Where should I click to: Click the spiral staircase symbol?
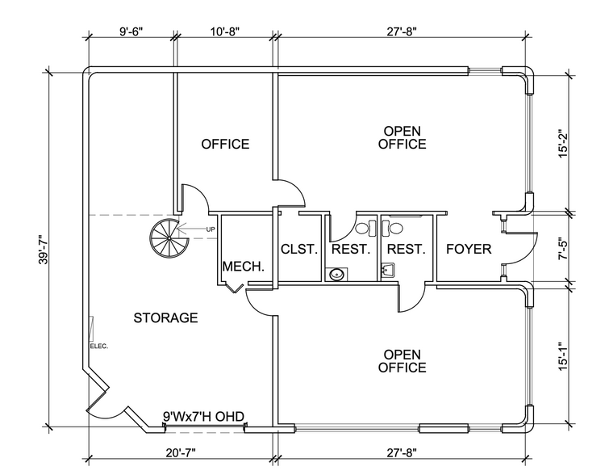pyautogui.click(x=167, y=237)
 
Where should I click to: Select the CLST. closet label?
pyautogui.click(x=298, y=249)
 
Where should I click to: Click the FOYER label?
pyautogui.click(x=469, y=249)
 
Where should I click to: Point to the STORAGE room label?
pyautogui.click(x=165, y=317)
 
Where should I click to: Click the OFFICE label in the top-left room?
pyautogui.click(x=225, y=144)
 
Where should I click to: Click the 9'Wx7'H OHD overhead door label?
pyautogui.click(x=204, y=416)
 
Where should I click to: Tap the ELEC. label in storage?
pyautogui.click(x=99, y=346)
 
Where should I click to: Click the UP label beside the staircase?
pyautogui.click(x=211, y=230)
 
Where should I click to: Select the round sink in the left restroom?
pyautogui.click(x=336, y=275)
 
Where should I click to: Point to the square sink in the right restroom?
pyautogui.click(x=387, y=269)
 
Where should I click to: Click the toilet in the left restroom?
pyautogui.click(x=371, y=228)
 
